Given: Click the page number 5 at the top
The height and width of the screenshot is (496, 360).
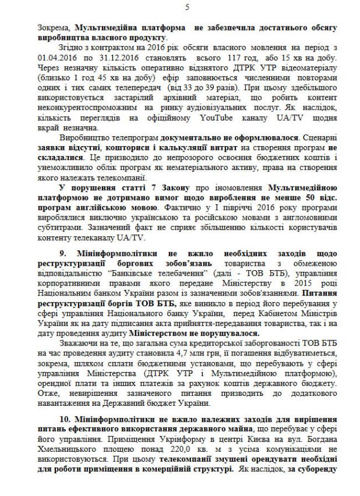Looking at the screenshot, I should coord(187,7).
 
